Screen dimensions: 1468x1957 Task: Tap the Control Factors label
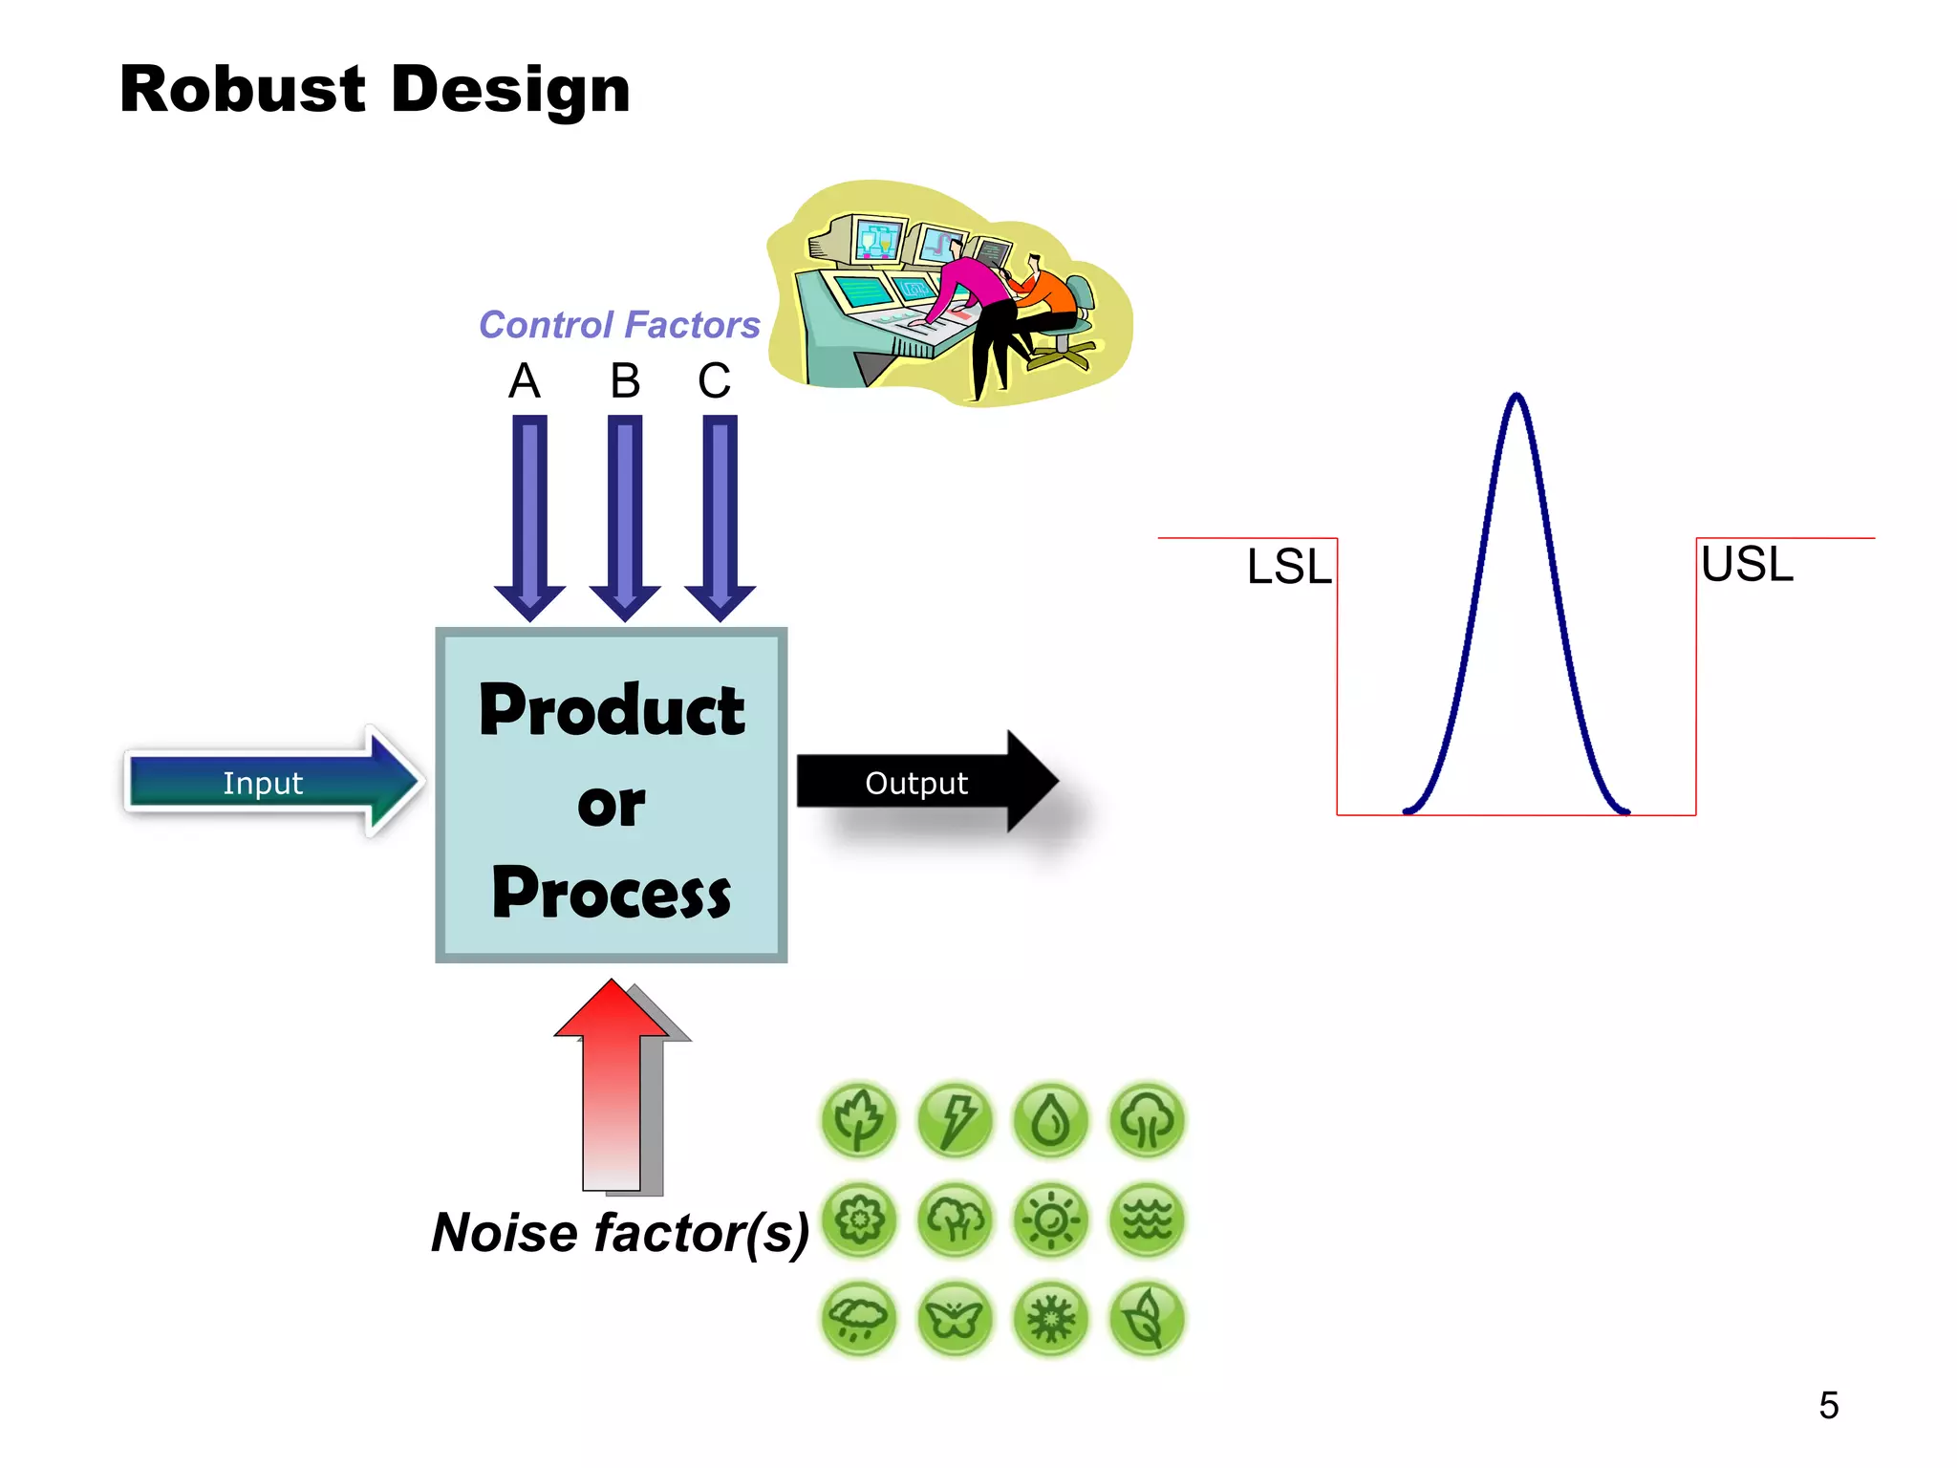coord(618,325)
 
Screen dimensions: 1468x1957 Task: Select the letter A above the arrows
coord(524,381)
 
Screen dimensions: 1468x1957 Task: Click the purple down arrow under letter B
coord(625,516)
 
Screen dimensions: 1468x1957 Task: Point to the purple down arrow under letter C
coord(720,516)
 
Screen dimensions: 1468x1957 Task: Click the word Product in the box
coord(612,711)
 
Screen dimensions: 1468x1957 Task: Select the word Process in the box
coord(612,893)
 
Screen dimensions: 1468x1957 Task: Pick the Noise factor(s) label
coord(620,1232)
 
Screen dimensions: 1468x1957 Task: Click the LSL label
coord(1288,567)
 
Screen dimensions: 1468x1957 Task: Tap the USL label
coord(1747,564)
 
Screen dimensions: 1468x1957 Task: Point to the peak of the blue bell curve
coord(1516,398)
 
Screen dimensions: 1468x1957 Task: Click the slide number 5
coord(1828,1405)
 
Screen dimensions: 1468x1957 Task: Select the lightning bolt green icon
coord(955,1120)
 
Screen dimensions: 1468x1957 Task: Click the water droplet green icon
coord(1051,1120)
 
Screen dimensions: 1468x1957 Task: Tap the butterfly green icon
coord(955,1320)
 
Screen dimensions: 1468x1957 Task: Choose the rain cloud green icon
coord(858,1320)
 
